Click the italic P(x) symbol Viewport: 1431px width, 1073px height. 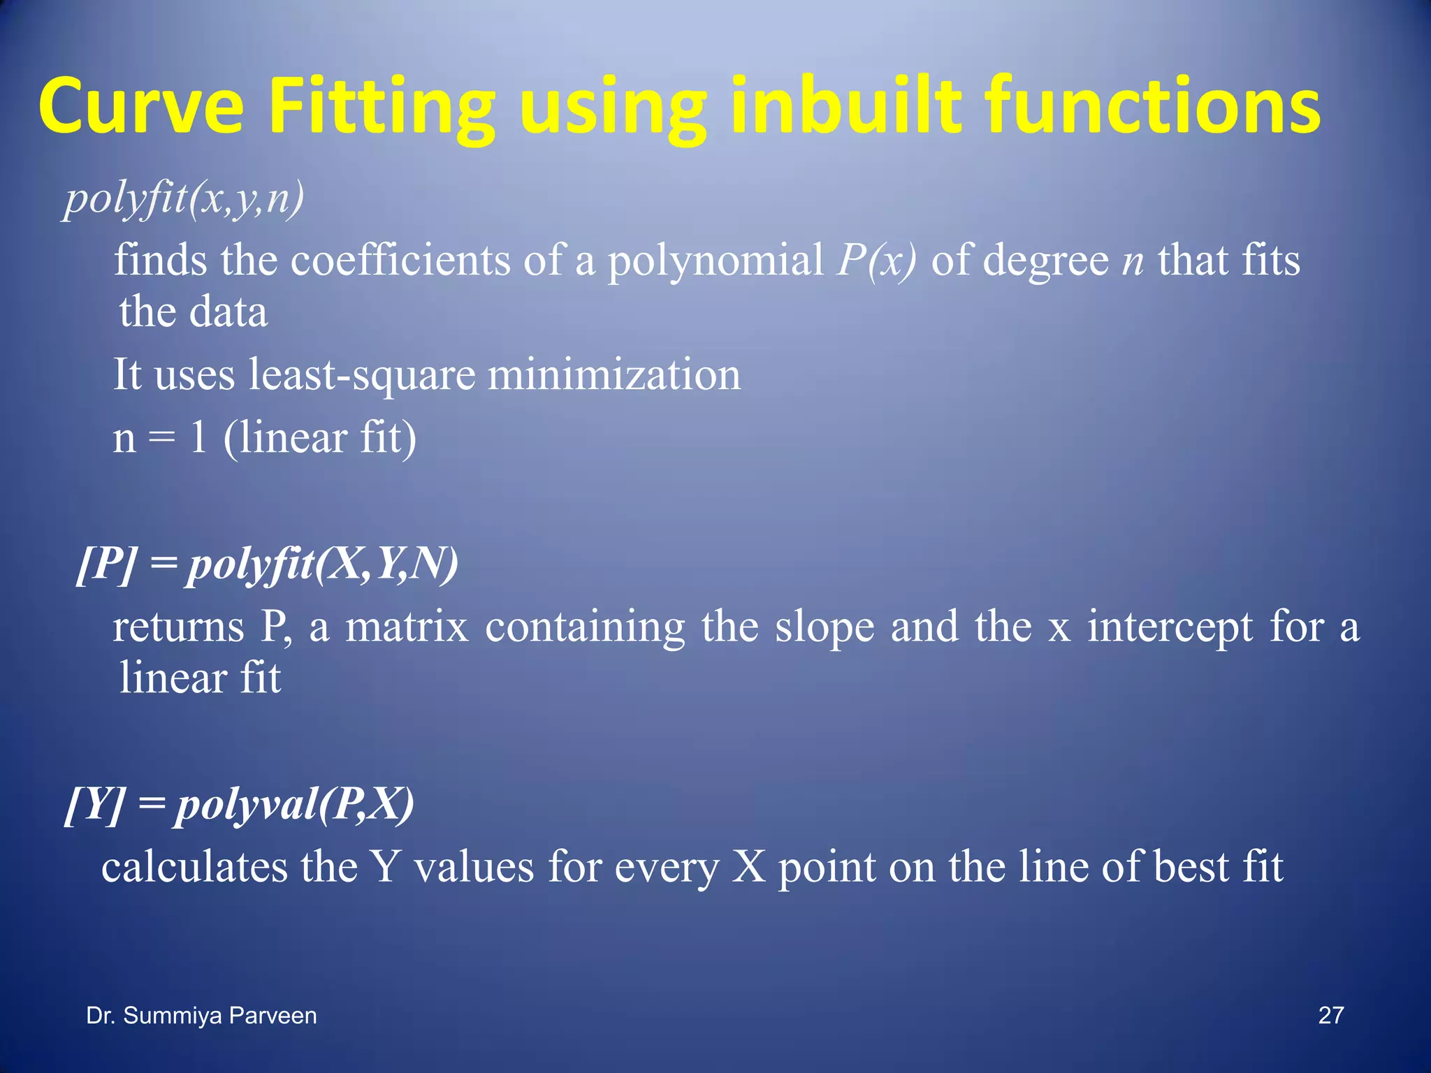point(876,261)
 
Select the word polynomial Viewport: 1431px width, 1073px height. point(715,261)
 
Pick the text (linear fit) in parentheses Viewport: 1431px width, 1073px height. point(320,438)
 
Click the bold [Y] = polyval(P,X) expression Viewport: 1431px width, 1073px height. point(240,805)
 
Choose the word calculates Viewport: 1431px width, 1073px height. point(194,867)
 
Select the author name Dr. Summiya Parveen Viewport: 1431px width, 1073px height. point(201,1015)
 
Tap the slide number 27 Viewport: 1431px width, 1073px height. point(1330,1015)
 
